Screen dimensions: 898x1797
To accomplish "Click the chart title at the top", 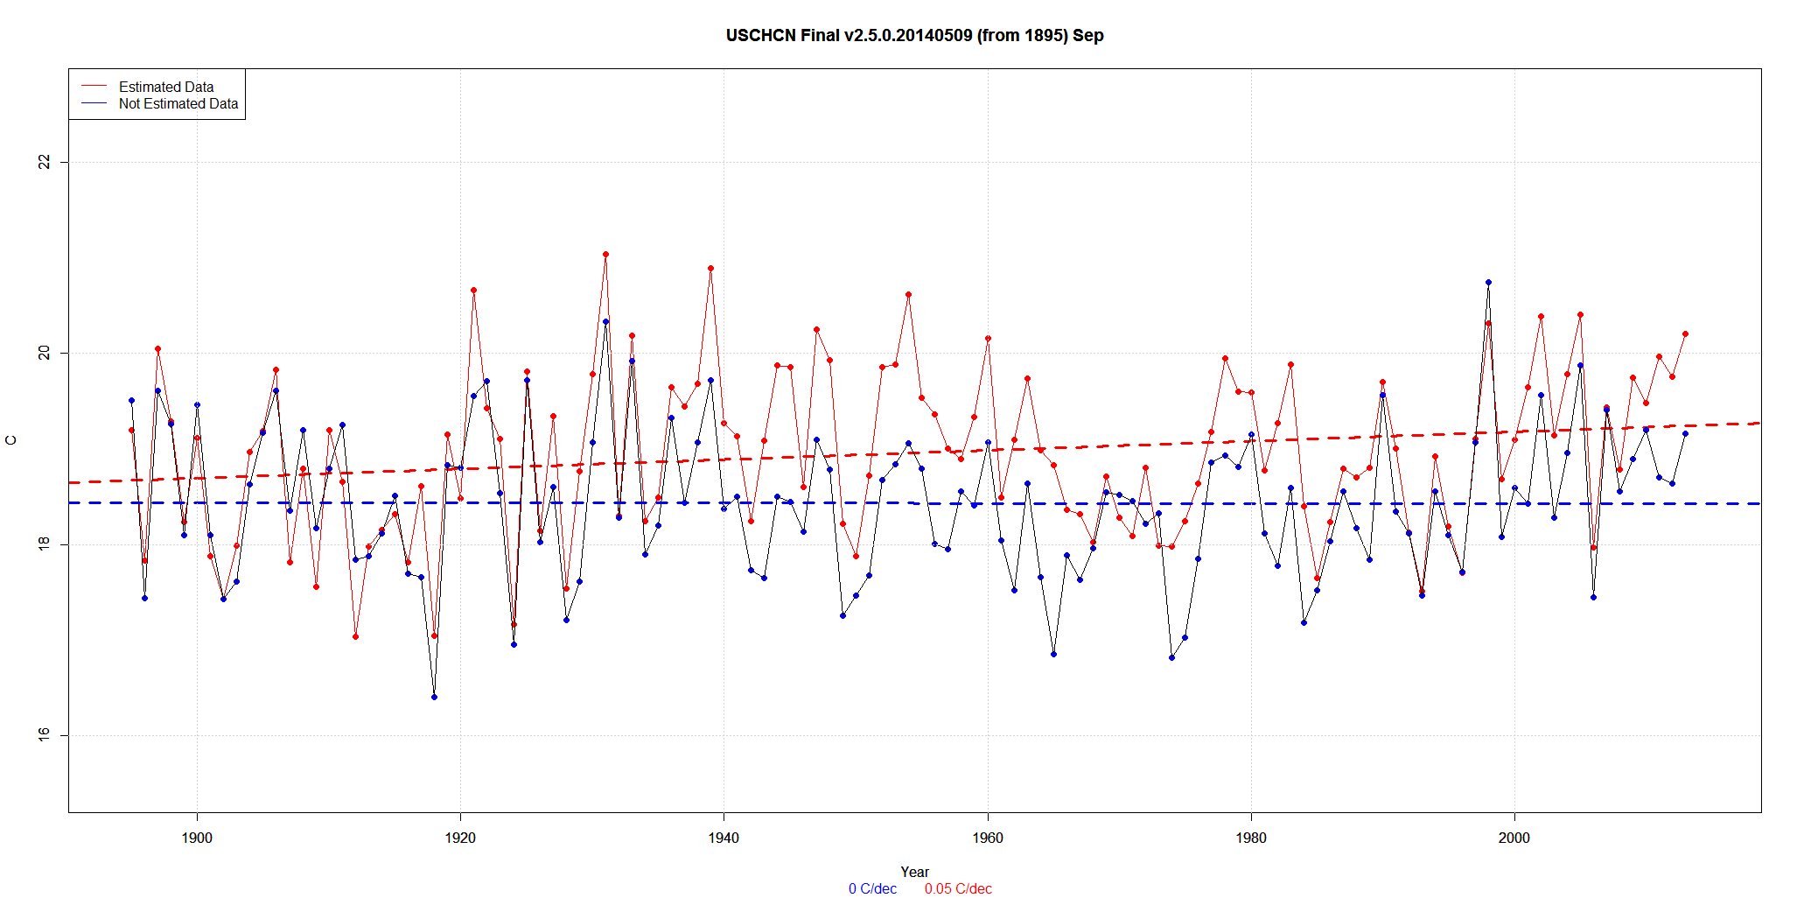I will [914, 36].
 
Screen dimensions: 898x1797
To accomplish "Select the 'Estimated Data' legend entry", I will [166, 87].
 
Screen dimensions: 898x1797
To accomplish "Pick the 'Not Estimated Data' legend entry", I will [178, 103].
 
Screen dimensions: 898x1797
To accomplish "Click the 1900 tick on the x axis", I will [197, 838].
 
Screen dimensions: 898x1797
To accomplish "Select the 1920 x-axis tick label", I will [460, 838].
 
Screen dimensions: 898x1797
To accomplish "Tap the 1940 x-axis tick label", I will [724, 838].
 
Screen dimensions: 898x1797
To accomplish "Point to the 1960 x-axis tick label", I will [988, 838].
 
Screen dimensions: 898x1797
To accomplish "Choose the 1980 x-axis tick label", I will [1251, 838].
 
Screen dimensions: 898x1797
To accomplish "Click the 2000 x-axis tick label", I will [1514, 838].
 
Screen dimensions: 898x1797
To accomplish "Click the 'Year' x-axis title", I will [914, 872].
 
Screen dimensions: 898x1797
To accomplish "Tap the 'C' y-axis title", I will [11, 440].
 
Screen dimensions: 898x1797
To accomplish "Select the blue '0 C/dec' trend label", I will [872, 889].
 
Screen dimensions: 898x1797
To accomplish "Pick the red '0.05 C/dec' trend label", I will [958, 889].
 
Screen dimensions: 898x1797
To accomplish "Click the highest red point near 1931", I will [605, 255].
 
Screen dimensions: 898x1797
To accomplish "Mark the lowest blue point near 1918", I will [434, 697].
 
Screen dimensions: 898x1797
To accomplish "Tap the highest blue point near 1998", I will [1488, 283].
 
